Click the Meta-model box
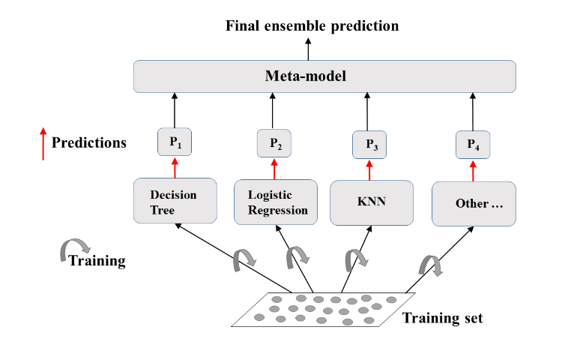coord(324,76)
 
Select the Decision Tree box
coord(175,200)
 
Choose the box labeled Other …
coord(474,203)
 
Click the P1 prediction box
coord(175,142)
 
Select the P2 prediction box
coord(273,142)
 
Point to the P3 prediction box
coord(369,145)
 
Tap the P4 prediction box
coord(473,145)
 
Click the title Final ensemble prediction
coord(312,26)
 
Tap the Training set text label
coord(442,317)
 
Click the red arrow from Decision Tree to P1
coord(175,166)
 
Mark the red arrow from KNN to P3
coord(369,170)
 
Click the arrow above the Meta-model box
coord(307,50)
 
